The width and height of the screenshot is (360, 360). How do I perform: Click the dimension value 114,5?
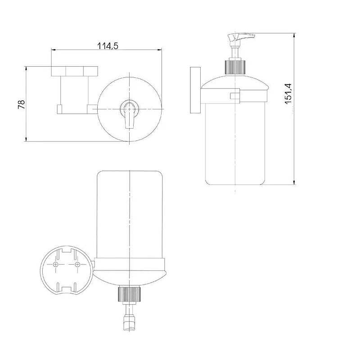[x=108, y=46]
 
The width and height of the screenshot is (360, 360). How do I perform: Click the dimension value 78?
[x=22, y=104]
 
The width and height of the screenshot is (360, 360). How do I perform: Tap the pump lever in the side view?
[x=241, y=37]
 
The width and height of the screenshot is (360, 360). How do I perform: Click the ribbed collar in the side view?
[x=234, y=67]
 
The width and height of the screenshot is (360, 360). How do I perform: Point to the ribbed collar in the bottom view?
[x=129, y=294]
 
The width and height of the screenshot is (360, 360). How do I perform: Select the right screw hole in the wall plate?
[x=77, y=265]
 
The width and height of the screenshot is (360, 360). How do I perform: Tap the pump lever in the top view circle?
[x=130, y=116]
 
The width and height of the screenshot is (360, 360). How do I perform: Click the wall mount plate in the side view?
[x=195, y=90]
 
